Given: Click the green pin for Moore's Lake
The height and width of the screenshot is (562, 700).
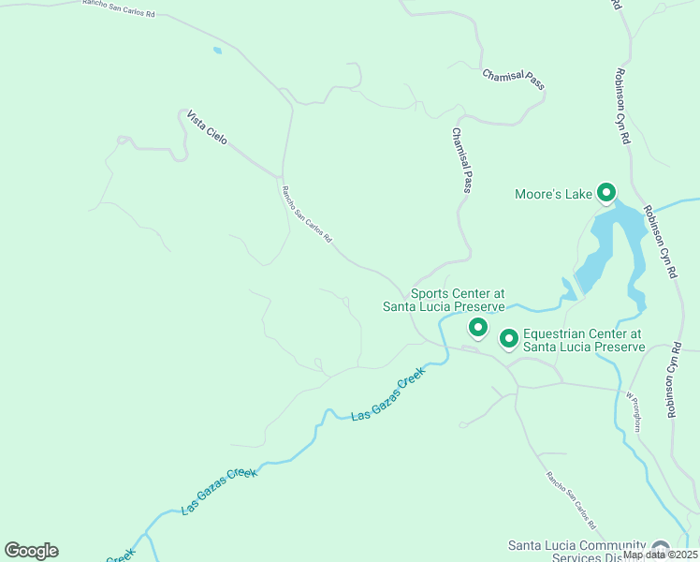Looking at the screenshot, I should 605,193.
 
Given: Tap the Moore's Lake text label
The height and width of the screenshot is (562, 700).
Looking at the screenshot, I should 553,195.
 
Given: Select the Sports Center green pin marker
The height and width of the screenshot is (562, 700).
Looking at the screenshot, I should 478,327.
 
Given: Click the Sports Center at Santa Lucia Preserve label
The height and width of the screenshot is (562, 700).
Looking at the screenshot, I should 444,300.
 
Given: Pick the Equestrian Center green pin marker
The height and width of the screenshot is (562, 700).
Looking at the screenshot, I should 509,337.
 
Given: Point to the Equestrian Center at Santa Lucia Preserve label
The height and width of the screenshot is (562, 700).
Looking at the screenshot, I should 583,340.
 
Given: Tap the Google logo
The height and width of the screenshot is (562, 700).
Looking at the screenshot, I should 31,551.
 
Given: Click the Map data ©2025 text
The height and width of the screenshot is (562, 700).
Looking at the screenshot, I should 660,555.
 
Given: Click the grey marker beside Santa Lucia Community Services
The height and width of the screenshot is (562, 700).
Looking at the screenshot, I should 661,548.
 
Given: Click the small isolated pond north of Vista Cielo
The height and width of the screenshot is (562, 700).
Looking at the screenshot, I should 217,51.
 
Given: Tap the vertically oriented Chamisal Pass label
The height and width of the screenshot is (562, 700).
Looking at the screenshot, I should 461,161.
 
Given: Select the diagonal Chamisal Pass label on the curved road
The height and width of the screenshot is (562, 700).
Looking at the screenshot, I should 513,80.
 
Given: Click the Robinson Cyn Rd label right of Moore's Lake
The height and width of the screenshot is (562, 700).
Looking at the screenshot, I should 658,244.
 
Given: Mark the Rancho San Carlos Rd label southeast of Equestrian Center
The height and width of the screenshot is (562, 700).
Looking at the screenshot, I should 572,497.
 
